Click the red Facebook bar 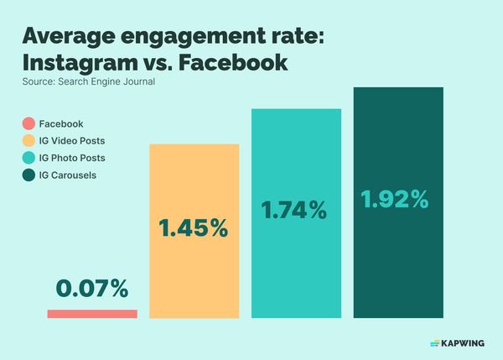(92, 314)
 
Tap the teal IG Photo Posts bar (297, 260)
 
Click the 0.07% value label (92, 289)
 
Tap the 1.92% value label (396, 200)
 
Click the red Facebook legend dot (28, 123)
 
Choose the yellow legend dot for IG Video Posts (28, 140)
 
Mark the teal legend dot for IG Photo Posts (28, 158)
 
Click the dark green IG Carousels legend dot (28, 175)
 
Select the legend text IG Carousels (68, 175)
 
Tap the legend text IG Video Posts (72, 140)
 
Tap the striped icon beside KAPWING (434, 342)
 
